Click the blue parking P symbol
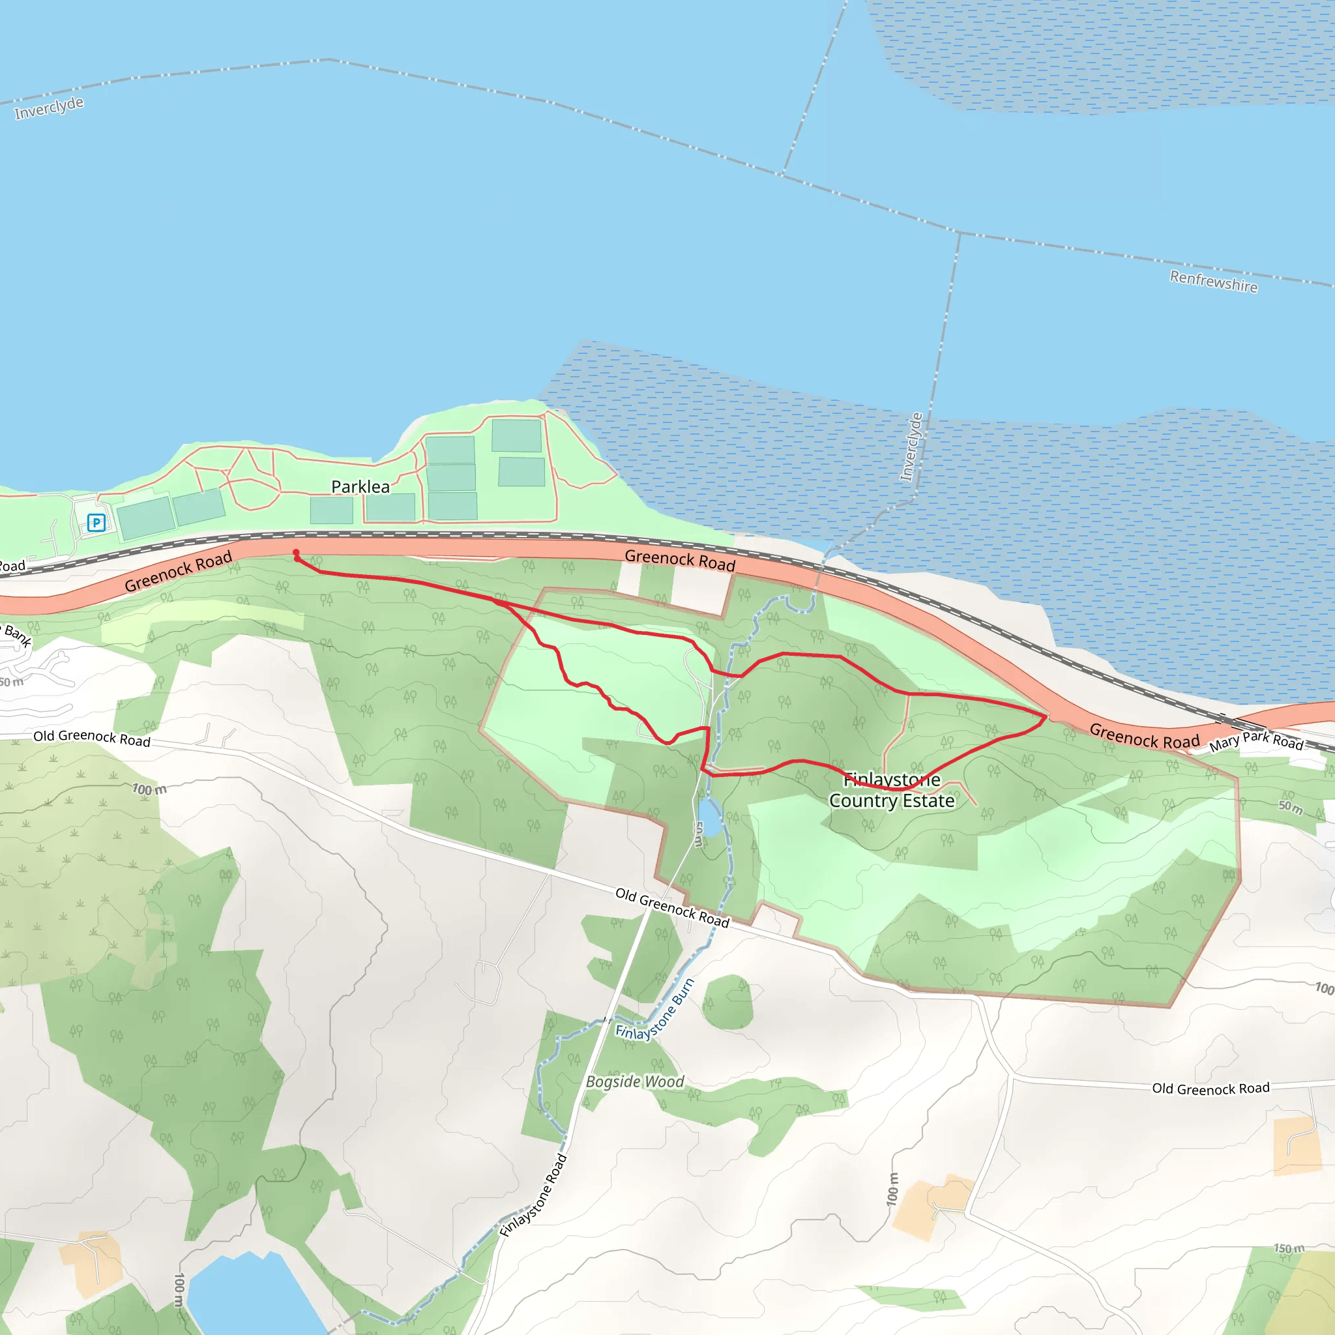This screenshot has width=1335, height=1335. pos(96,522)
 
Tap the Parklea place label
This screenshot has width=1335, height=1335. pos(360,487)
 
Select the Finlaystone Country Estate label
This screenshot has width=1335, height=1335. pos(891,791)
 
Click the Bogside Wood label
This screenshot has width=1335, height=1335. pos(634,1081)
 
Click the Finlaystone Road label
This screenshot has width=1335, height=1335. pos(533,1196)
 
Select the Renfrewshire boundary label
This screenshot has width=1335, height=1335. pos(1213,281)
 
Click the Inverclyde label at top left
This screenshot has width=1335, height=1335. pos(49,108)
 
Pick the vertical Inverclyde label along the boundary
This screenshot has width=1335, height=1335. pos(911,447)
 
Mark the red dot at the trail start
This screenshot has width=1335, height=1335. pos(296,552)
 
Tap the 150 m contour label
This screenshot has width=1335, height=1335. pos(1289,1248)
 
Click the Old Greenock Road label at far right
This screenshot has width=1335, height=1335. pos(1210,1089)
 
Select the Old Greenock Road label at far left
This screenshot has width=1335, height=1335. pos(92,738)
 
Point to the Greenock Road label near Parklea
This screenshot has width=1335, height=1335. pos(178,572)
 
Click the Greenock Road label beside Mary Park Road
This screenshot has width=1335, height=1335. pos(1144,736)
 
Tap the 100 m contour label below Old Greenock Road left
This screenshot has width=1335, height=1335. pos(149,789)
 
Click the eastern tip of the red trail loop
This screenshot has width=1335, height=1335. pos(1045,716)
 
